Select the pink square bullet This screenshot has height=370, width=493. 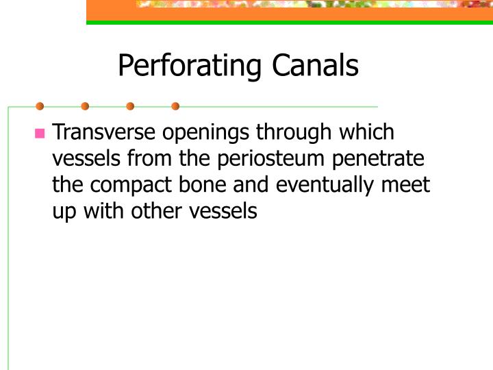coord(40,133)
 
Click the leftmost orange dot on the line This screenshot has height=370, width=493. coord(40,106)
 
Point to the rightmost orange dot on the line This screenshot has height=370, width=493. coord(175,106)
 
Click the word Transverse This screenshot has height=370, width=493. coord(104,132)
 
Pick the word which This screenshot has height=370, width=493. coord(365,132)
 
